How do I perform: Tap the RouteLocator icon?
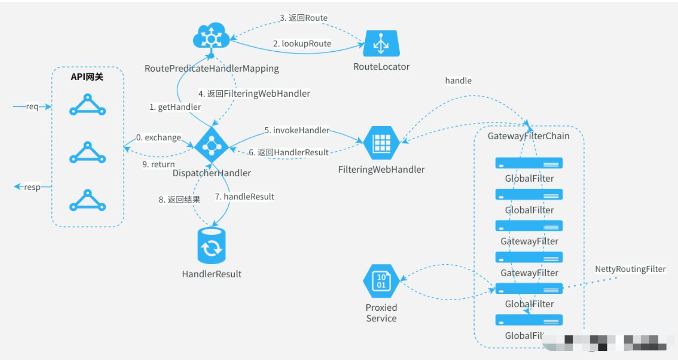[x=381, y=43]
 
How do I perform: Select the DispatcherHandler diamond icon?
[x=211, y=145]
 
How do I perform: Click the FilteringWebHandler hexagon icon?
[x=381, y=143]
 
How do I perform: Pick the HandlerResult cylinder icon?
[x=211, y=246]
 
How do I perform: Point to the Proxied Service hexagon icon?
[x=381, y=281]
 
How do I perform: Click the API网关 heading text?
[x=87, y=77]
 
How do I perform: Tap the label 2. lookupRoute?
[x=302, y=44]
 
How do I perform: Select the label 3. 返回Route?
[x=304, y=18]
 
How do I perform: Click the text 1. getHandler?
[x=175, y=107]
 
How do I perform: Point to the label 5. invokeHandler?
[x=297, y=130]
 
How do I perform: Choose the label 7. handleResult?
[x=244, y=197]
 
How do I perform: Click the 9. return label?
[x=159, y=164]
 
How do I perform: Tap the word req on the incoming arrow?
[x=32, y=106]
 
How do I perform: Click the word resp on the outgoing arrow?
[x=32, y=187]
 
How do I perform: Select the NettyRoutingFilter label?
[x=630, y=269]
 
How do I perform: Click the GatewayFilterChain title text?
[x=528, y=136]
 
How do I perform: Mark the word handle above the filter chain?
[x=458, y=81]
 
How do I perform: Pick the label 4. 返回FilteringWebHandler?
[x=254, y=94]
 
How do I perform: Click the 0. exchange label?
[x=159, y=137]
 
